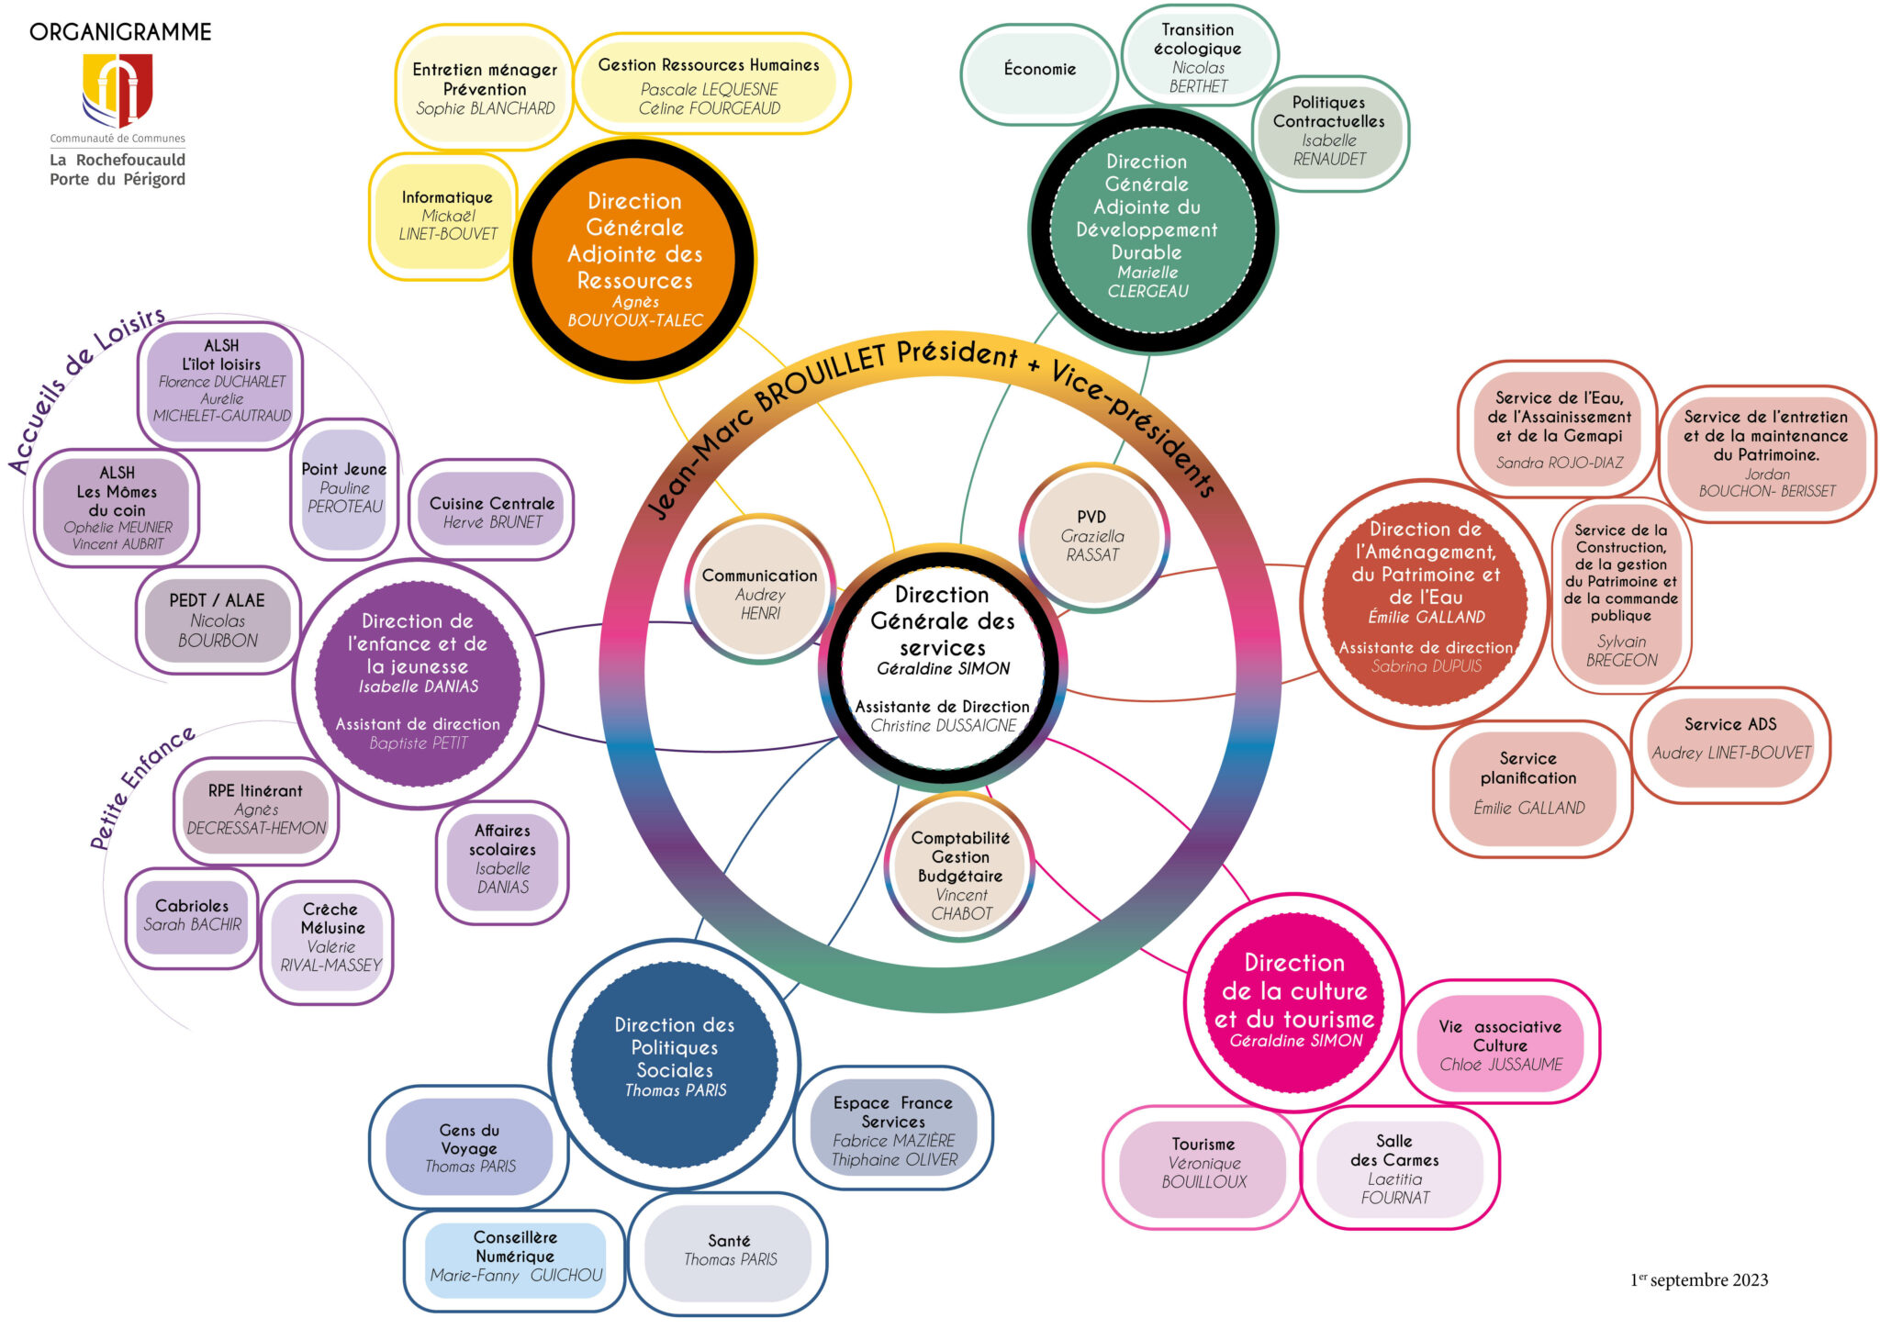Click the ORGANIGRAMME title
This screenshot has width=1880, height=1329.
tap(120, 32)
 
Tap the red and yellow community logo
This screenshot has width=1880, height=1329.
tap(117, 90)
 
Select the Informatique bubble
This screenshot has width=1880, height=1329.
tap(447, 216)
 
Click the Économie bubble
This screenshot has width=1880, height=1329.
tap(1039, 70)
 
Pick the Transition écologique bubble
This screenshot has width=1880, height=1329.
tap(1198, 57)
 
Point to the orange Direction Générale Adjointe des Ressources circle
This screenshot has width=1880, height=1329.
tap(634, 259)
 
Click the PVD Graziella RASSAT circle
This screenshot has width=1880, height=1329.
tap(1092, 536)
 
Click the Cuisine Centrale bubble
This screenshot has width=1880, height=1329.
tap(492, 512)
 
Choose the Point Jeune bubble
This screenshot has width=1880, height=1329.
tap(344, 487)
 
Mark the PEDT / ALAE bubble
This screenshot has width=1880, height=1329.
tap(218, 620)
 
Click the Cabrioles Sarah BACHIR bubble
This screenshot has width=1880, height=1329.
tap(192, 915)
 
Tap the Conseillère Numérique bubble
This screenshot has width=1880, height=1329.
tap(516, 1256)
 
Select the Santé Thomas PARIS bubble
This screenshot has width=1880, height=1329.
tap(730, 1250)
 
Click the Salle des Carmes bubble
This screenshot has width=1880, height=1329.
tap(1394, 1169)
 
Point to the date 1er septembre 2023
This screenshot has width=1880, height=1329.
tap(1699, 1279)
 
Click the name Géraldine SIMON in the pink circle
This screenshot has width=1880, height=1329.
tap(1296, 1041)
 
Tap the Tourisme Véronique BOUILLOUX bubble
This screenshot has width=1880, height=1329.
tap(1203, 1163)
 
